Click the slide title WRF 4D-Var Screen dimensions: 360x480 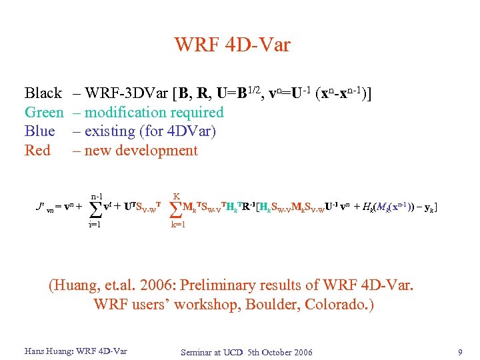click(232, 45)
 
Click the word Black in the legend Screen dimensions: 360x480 click(43, 93)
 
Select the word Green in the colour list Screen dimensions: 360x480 click(44, 113)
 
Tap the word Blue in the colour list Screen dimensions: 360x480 click(39, 131)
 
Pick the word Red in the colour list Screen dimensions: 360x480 click(37, 151)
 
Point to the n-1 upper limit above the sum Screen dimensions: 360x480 click(97, 196)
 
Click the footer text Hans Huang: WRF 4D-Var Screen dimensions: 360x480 click(75, 351)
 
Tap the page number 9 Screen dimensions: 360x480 click(460, 351)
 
